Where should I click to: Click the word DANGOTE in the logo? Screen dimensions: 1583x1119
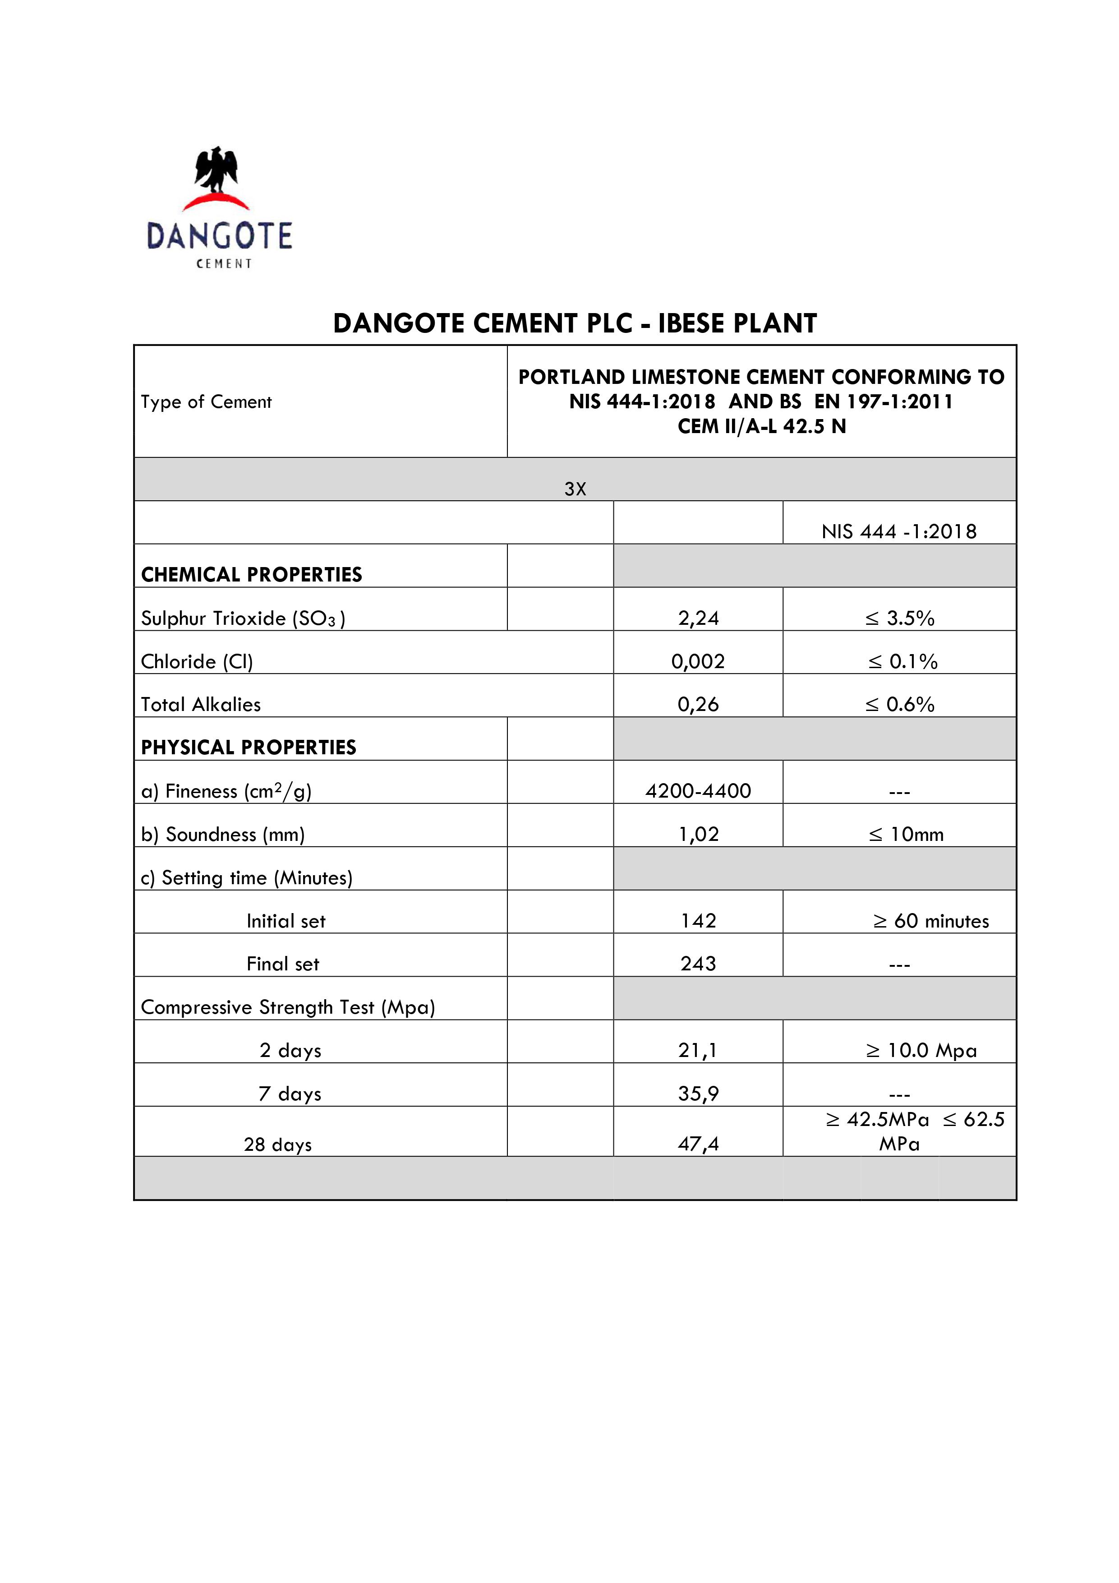coord(219,236)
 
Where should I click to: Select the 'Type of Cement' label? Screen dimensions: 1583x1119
coord(206,402)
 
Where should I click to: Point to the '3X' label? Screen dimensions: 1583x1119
coord(575,489)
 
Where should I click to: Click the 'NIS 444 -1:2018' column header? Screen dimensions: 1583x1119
coord(899,531)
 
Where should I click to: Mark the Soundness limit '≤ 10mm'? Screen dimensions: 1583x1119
coord(905,834)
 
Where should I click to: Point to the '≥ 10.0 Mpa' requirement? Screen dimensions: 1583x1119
coord(921,1050)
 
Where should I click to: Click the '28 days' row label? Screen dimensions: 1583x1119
coord(278,1145)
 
